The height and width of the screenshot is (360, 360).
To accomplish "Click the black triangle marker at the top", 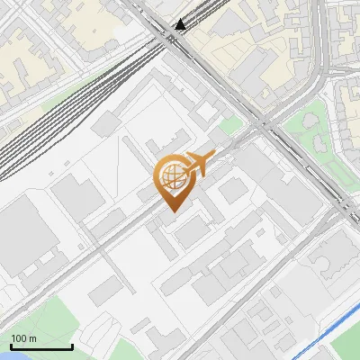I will point(182,24).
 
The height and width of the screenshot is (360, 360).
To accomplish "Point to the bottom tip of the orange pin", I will point(171,211).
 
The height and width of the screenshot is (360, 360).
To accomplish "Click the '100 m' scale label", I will point(24,338).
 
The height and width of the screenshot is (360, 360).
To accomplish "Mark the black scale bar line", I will point(41,346).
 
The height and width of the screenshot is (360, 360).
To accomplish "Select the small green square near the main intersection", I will point(230,125).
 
